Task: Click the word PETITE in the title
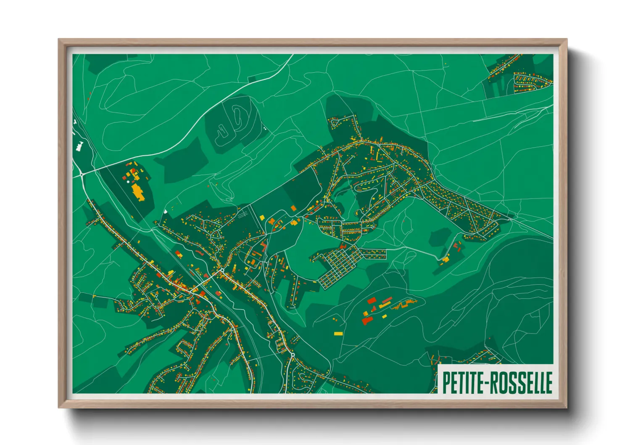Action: pos(461,382)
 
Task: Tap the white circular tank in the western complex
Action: pos(128,181)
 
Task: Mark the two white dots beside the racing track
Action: pos(264,128)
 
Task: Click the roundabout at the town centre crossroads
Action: pos(222,270)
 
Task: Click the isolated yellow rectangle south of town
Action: pos(338,334)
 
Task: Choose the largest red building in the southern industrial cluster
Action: pos(367,321)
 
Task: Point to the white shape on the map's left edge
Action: pos(79,146)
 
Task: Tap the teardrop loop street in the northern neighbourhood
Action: pos(335,123)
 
